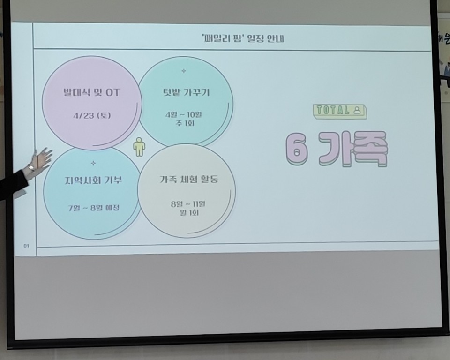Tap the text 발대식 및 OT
coord(91,92)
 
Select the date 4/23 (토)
coord(91,115)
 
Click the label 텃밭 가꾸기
coord(184,92)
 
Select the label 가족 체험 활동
coord(188,179)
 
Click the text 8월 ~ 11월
coord(187,204)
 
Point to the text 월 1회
coord(187,213)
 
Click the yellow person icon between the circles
coord(139,147)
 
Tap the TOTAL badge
coord(340,111)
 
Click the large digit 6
coord(297,150)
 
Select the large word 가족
coord(351,150)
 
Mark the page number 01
coord(26,245)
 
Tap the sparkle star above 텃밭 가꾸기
coord(184,71)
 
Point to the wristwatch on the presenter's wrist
coord(31,167)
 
